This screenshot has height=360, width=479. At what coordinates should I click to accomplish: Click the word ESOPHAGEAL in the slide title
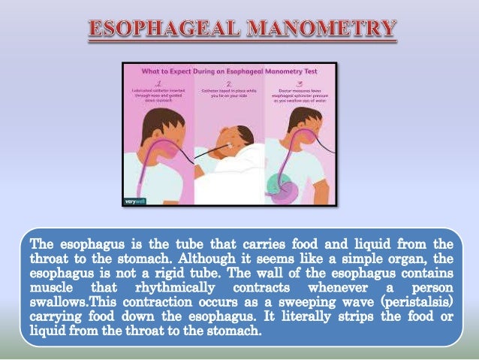coord(166,30)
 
